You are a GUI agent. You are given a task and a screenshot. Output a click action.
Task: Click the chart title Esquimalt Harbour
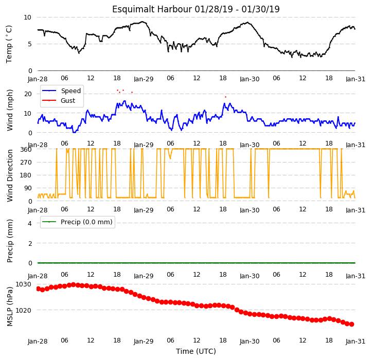pyautogui.click(x=152, y=9)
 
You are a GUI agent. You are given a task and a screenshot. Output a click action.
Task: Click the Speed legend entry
pyautogui.click(x=61, y=91)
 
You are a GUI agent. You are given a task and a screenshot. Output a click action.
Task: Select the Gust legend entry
pyautogui.click(x=59, y=100)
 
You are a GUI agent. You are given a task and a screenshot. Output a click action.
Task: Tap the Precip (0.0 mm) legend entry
pyautogui.click(x=77, y=222)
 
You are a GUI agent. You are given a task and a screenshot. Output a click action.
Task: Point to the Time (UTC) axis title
pyautogui.click(x=196, y=351)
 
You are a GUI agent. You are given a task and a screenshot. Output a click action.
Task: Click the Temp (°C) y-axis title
pyautogui.click(x=9, y=44)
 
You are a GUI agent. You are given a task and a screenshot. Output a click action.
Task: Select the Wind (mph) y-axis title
pyautogui.click(x=9, y=110)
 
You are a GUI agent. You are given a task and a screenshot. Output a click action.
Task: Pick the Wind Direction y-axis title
pyautogui.click(x=9, y=175)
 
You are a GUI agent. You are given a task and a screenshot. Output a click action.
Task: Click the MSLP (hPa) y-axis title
pyautogui.click(x=9, y=307)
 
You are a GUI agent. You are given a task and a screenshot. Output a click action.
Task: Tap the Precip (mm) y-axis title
pyautogui.click(x=9, y=241)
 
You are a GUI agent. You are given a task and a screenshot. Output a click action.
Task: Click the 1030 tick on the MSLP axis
pyautogui.click(x=23, y=284)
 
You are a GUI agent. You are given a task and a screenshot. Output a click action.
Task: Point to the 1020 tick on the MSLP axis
pyautogui.click(x=23, y=310)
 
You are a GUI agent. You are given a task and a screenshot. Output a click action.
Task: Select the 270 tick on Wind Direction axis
pyautogui.click(x=27, y=163)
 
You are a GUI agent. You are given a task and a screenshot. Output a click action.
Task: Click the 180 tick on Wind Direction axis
pyautogui.click(x=27, y=175)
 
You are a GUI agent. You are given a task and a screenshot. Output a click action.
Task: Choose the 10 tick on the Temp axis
pyautogui.click(x=27, y=17)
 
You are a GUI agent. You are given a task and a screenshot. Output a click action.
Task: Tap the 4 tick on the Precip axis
pyautogui.click(x=30, y=223)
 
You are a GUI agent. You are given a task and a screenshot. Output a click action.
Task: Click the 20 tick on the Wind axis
pyautogui.click(x=28, y=94)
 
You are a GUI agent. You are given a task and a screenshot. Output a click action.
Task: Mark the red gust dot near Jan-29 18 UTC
pyautogui.click(x=225, y=97)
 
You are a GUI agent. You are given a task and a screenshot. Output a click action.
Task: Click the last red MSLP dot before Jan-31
pyautogui.click(x=351, y=325)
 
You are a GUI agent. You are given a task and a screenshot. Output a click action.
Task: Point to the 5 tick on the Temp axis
pyautogui.click(x=30, y=44)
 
